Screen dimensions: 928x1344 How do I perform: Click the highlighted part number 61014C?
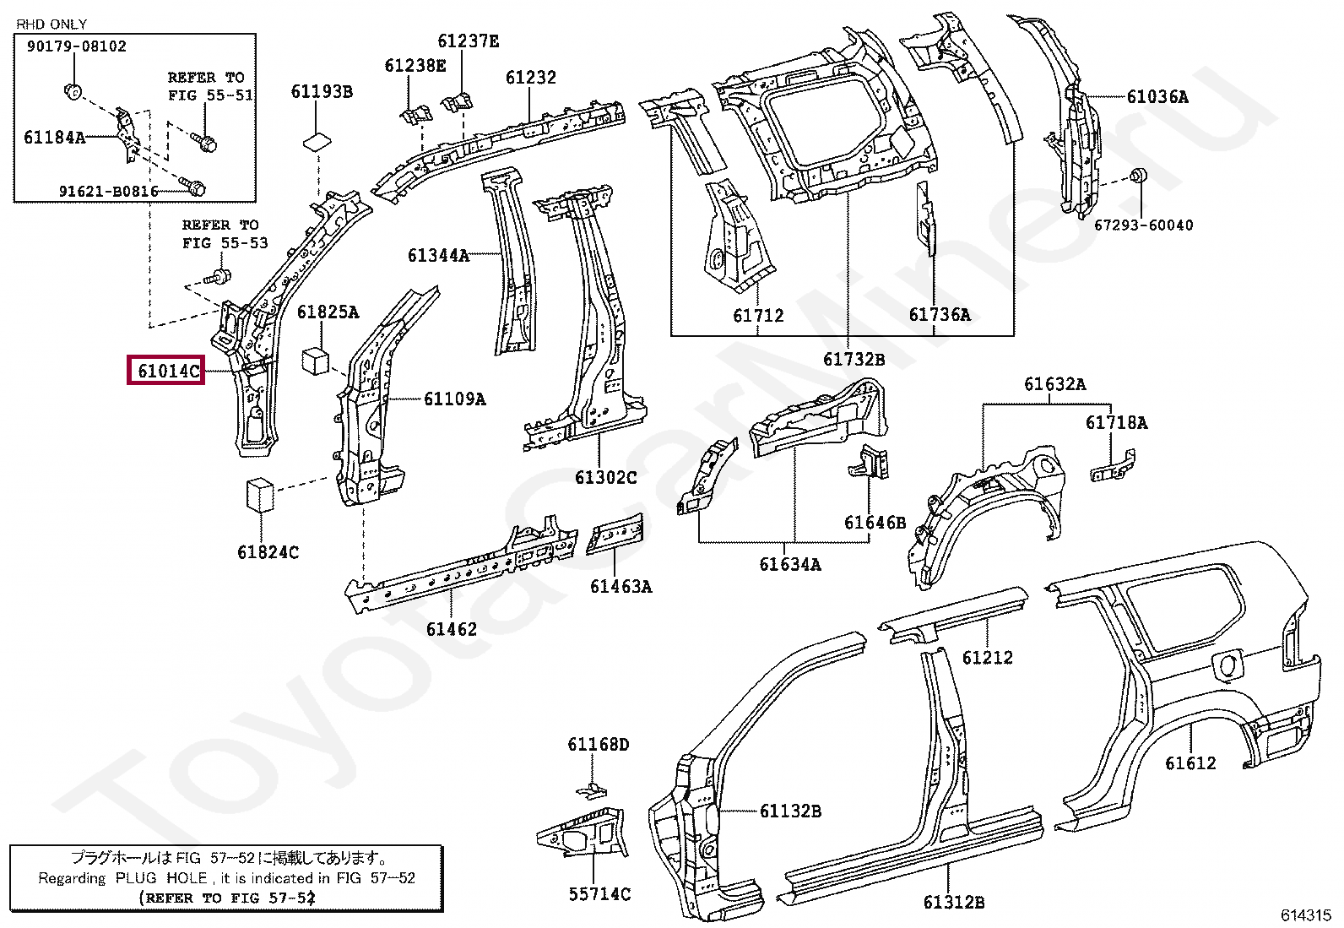click(166, 370)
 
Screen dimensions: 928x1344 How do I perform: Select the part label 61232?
click(531, 78)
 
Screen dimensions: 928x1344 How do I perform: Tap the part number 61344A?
click(437, 255)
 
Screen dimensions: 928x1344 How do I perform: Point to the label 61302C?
click(605, 478)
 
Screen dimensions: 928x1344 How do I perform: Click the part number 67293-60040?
click(1144, 225)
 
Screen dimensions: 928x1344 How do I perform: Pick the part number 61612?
click(1190, 763)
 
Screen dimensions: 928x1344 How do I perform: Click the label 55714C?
click(599, 894)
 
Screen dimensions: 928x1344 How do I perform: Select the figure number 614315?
click(1305, 914)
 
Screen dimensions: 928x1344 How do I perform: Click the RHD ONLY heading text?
click(51, 24)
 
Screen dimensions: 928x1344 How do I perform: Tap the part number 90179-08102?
click(76, 46)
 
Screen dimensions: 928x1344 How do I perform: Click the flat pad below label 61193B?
click(317, 139)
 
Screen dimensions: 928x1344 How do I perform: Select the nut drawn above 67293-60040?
click(1138, 176)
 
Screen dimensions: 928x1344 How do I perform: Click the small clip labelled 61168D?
click(593, 790)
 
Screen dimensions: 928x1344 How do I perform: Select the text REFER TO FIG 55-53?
click(225, 234)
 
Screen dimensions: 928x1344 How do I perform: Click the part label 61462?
click(451, 629)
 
